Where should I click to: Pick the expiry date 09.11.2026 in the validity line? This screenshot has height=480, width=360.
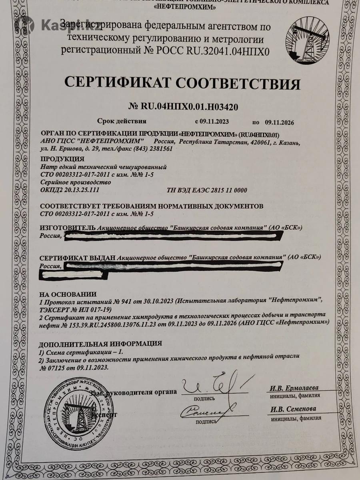(279, 122)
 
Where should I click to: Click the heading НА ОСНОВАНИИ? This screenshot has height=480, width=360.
(68, 294)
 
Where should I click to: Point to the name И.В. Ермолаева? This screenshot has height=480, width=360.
(294, 388)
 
